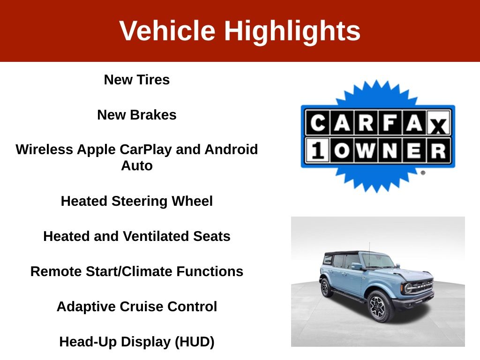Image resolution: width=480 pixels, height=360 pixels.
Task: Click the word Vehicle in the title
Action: pos(167,30)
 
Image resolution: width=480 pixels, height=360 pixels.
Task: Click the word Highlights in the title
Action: pos(292,31)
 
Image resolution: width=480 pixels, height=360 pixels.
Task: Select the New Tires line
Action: pos(136,80)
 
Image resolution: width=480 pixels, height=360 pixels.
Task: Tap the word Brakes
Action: pos(153,115)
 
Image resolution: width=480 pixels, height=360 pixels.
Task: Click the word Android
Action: pos(231,150)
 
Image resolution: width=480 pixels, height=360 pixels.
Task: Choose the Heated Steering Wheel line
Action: pos(136,202)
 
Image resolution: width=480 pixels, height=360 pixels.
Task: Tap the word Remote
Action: pos(56,271)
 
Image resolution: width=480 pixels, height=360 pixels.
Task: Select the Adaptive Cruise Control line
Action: pos(136,307)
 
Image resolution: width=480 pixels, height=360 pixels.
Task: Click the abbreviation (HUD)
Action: pos(195,342)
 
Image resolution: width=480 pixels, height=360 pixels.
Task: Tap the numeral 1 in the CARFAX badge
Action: pos(318,150)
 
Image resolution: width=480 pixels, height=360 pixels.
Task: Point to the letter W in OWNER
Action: pos(366,150)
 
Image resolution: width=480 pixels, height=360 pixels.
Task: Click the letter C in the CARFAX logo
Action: pos(318,122)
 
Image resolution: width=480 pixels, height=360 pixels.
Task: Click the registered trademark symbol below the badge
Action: pos(423,172)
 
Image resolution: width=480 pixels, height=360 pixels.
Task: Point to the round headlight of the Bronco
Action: pos(408,288)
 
